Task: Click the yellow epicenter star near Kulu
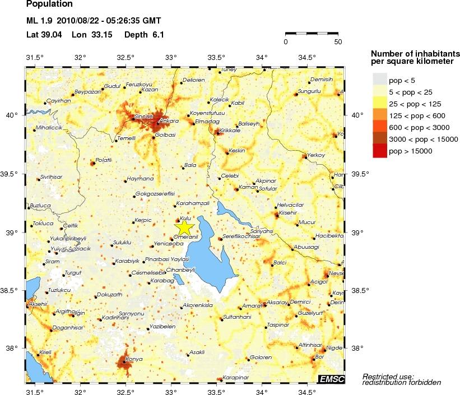[x=185, y=227]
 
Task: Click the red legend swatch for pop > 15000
[x=380, y=151]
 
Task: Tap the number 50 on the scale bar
[x=338, y=42]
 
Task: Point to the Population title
[x=49, y=4]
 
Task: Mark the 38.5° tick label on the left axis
[x=12, y=290]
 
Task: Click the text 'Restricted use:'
[x=388, y=375]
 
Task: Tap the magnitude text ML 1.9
[x=39, y=21]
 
